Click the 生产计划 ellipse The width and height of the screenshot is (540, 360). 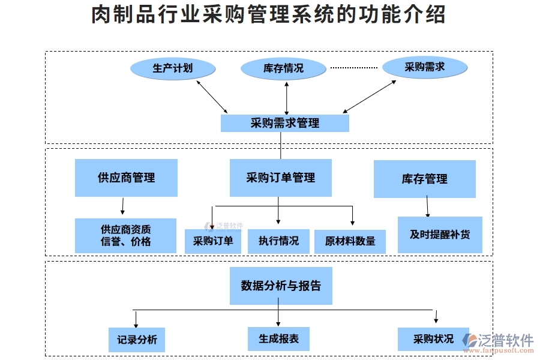tap(173, 68)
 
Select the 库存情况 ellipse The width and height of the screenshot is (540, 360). tap(283, 68)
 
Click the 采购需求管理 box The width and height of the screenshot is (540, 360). tap(285, 124)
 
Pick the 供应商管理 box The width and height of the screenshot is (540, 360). tap(126, 178)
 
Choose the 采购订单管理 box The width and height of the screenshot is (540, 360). tap(280, 178)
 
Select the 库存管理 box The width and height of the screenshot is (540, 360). tap(424, 179)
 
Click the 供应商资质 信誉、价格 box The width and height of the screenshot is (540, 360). tap(126, 235)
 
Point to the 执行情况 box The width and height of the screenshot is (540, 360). tap(278, 241)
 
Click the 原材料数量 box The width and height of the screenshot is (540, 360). tap(350, 241)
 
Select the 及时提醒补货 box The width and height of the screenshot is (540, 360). tap(440, 235)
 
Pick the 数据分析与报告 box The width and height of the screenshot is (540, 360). tap(281, 286)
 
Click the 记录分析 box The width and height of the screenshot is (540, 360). tap(137, 340)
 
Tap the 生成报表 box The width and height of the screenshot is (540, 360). tap(278, 338)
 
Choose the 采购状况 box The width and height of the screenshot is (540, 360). tap(433, 339)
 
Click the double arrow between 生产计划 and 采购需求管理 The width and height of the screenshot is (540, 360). tap(212, 96)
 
